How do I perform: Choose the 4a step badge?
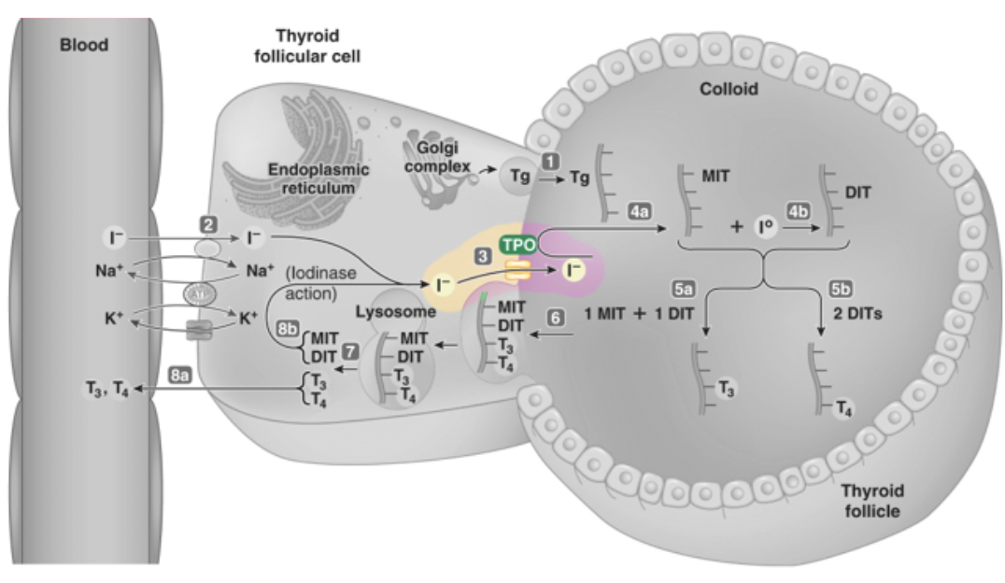(x=640, y=212)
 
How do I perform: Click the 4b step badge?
(x=800, y=212)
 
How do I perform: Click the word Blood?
(x=85, y=44)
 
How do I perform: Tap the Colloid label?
(x=729, y=90)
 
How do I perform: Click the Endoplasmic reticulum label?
(x=318, y=178)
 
